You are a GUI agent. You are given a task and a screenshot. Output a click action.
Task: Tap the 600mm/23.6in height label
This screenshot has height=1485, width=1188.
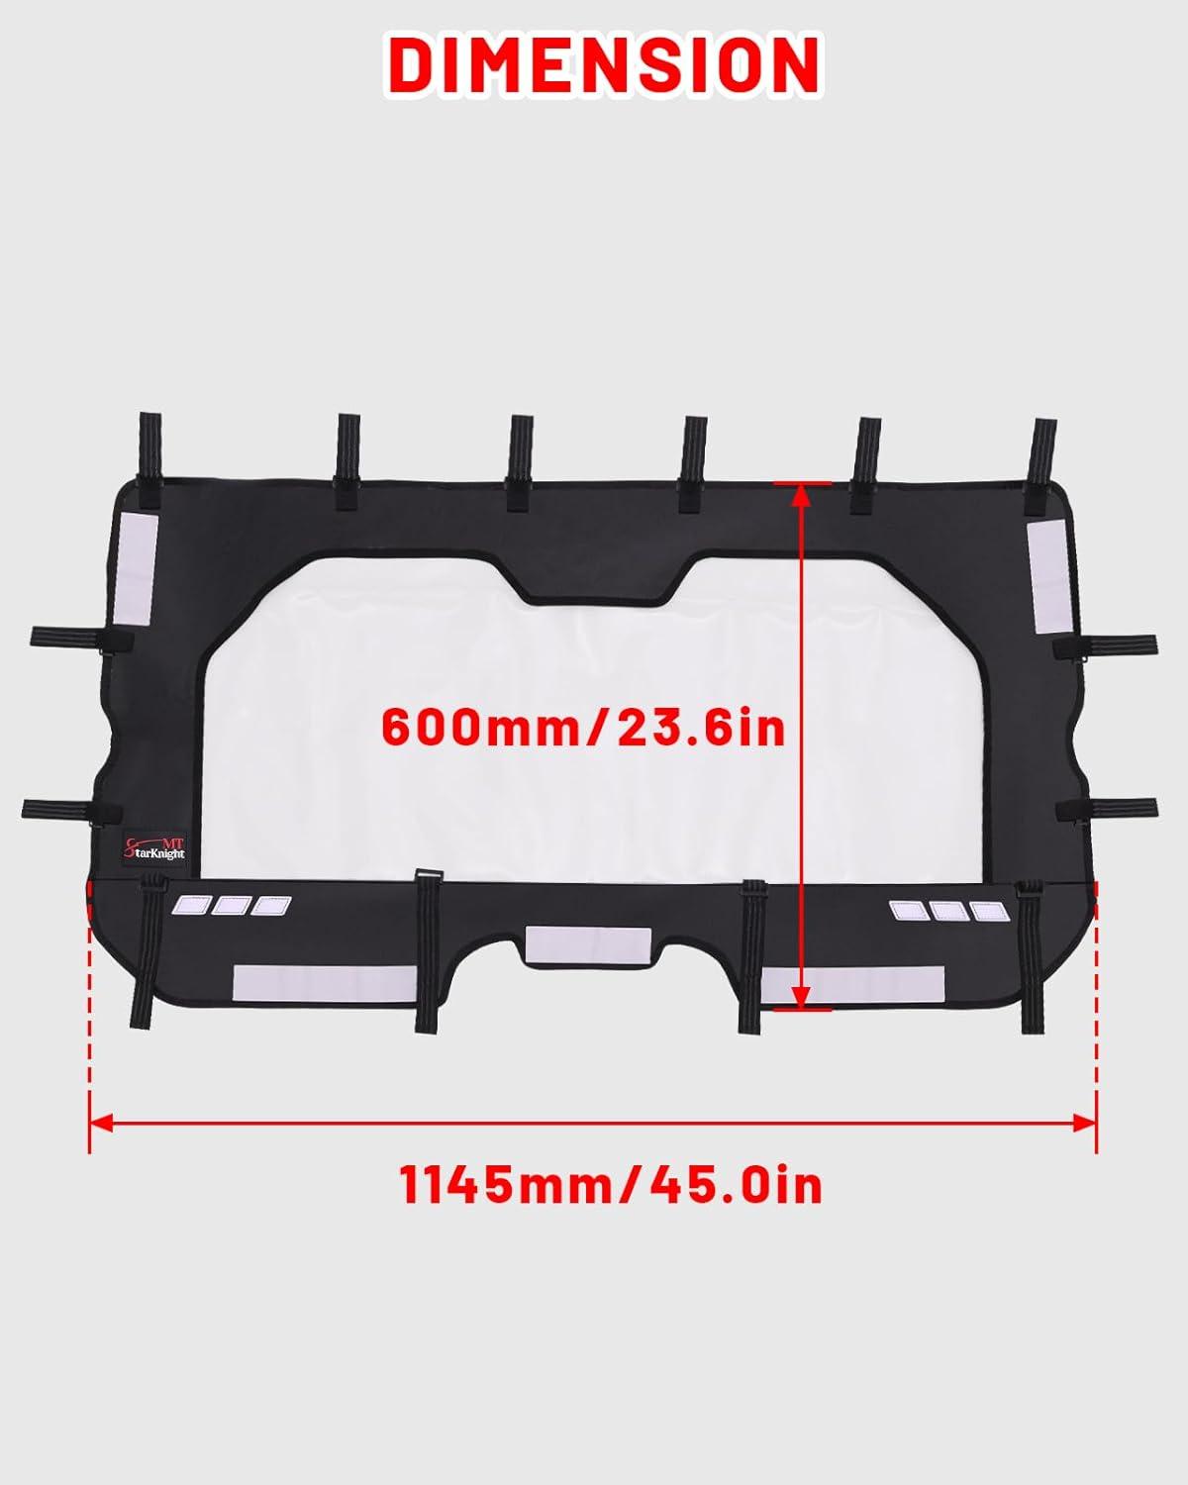(584, 727)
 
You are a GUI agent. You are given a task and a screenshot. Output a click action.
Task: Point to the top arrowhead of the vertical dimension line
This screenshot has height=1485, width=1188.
(800, 495)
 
